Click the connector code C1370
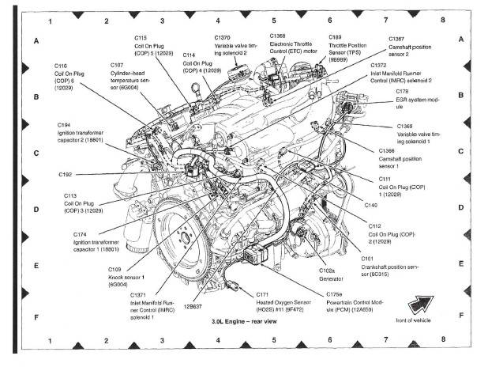tap(223, 37)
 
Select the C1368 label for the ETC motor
tap(277, 36)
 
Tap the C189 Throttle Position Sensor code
tap(335, 37)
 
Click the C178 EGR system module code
tap(402, 92)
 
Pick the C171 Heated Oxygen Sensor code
tap(263, 293)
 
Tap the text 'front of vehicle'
tap(419, 318)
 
